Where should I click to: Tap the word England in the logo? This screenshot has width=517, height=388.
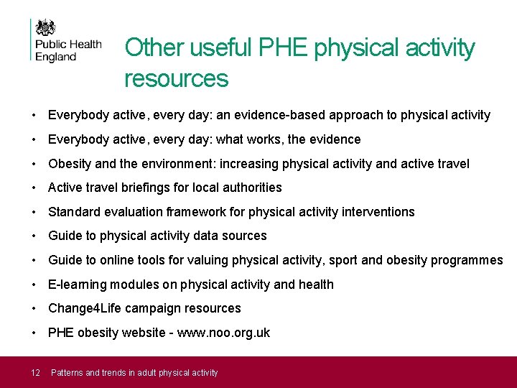(x=55, y=57)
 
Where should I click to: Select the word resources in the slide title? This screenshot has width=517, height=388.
(x=176, y=78)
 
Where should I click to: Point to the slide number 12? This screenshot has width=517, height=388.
(x=36, y=372)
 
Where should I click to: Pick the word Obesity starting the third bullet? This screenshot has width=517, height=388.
(x=70, y=164)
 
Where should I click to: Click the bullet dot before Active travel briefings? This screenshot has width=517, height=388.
(x=34, y=188)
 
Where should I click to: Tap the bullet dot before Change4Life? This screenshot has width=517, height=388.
(x=34, y=309)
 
